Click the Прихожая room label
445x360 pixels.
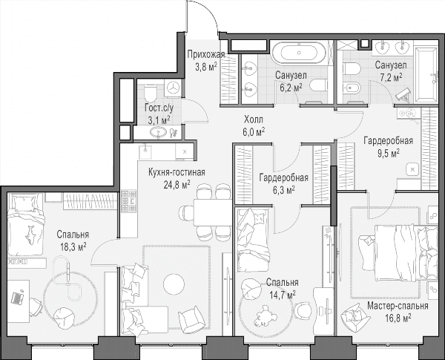pyautogui.click(x=206, y=54)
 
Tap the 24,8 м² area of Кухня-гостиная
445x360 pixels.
pyautogui.click(x=177, y=185)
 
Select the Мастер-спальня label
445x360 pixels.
pyautogui.click(x=398, y=306)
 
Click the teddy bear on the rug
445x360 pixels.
pyautogui.click(x=263, y=316)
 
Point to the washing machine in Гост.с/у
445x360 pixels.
pyautogui.click(x=173, y=88)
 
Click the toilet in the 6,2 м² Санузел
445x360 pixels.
pyautogui.click(x=318, y=85)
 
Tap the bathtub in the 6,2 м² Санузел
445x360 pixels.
pyautogui.click(x=299, y=53)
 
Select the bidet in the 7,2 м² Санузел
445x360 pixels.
pyautogui.click(x=352, y=88)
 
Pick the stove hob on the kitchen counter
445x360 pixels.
pyautogui.click(x=128, y=201)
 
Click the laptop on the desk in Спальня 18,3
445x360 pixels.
pyautogui.click(x=18, y=297)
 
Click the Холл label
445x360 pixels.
pyautogui.click(x=254, y=120)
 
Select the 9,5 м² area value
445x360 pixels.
pyautogui.click(x=388, y=153)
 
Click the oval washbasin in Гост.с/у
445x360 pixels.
pyautogui.click(x=158, y=132)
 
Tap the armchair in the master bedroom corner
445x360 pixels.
pyautogui.click(x=352, y=315)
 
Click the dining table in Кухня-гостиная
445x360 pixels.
pyautogui.click(x=214, y=212)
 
